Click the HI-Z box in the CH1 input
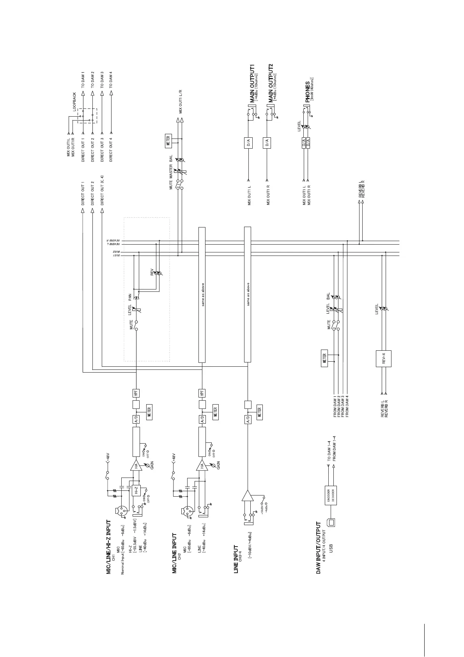(x=136, y=490)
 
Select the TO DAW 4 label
(x=111, y=80)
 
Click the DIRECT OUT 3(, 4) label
(x=102, y=190)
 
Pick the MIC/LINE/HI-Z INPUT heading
(x=109, y=547)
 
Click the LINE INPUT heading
(x=236, y=559)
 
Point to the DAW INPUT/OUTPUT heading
(x=319, y=548)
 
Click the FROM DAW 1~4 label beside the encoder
(x=335, y=448)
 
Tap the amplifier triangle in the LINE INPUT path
(x=247, y=495)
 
